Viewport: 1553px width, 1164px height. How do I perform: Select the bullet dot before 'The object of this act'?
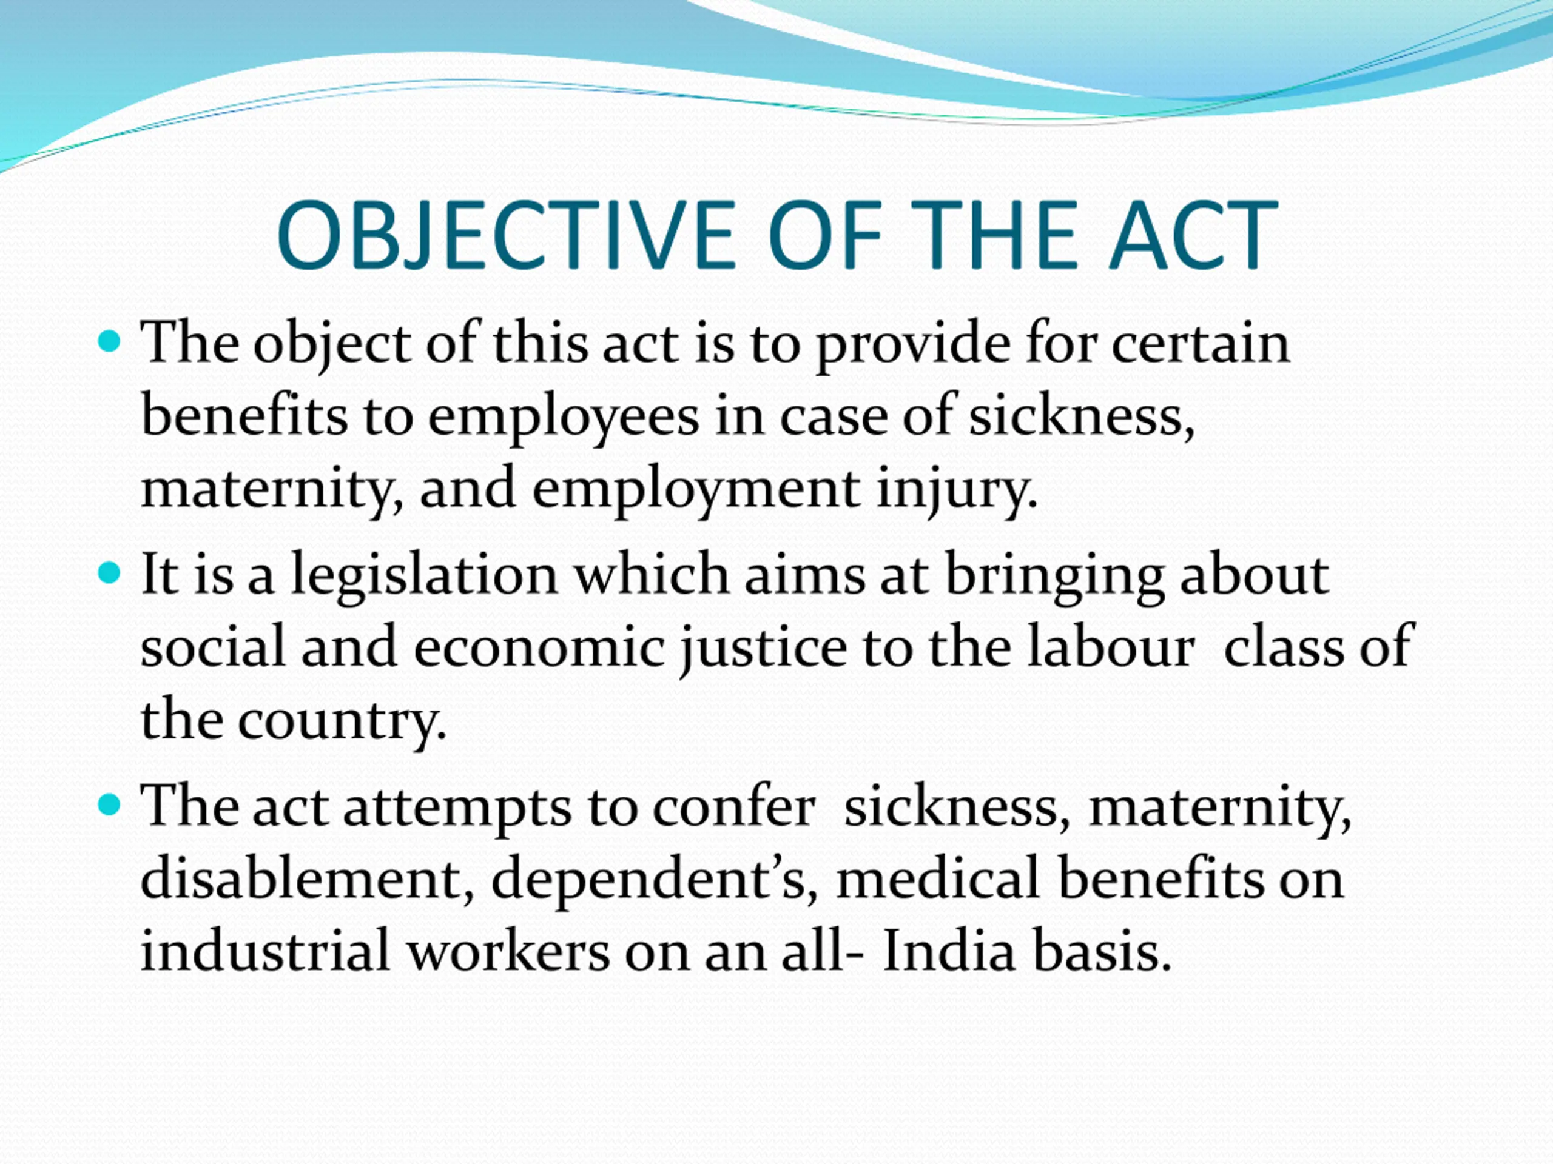tap(110, 343)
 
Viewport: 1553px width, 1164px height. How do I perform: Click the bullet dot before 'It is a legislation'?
tap(110, 574)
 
